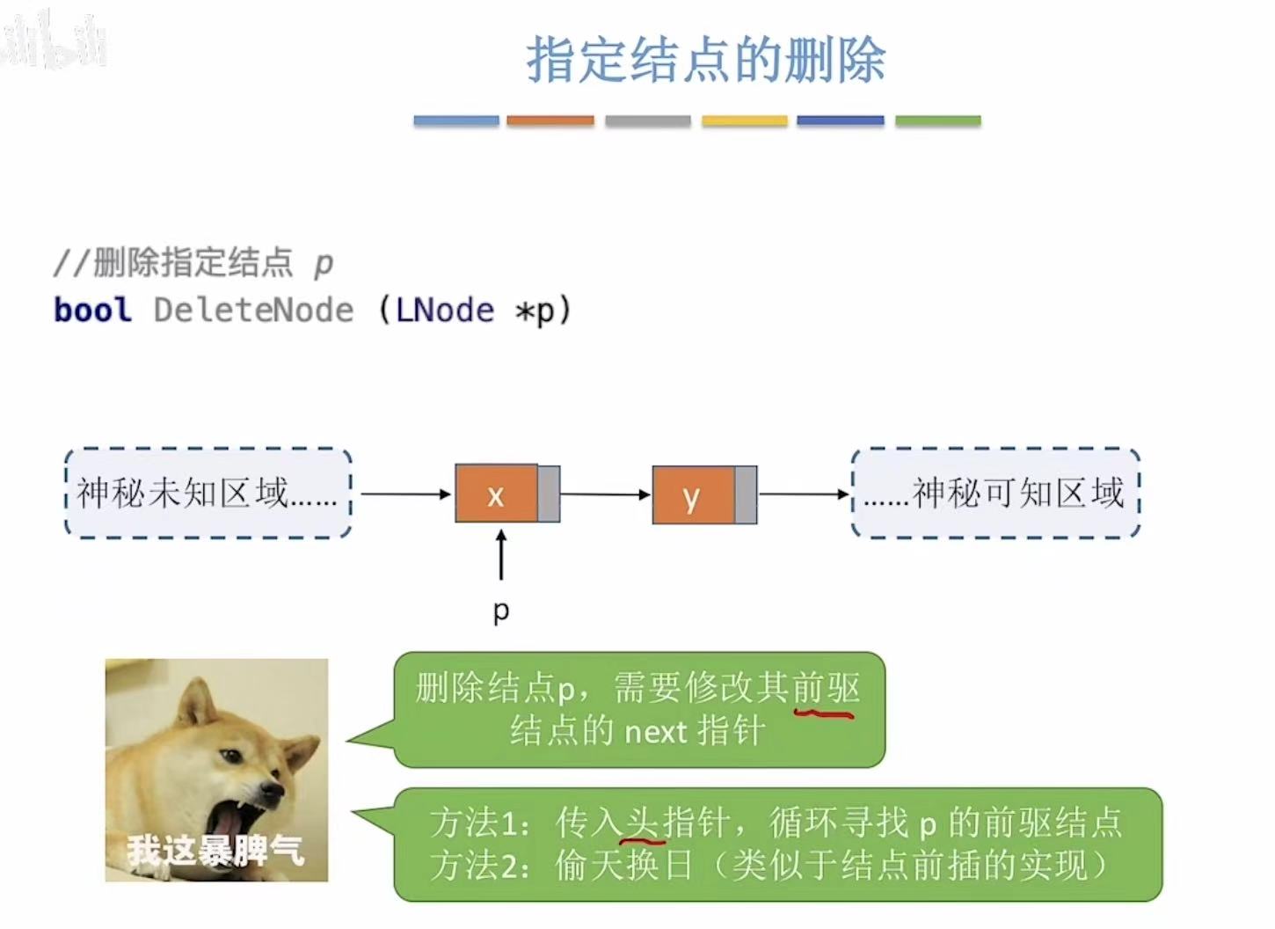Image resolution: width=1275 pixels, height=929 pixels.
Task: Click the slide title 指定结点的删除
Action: point(705,60)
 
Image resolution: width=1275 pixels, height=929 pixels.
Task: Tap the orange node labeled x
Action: point(496,494)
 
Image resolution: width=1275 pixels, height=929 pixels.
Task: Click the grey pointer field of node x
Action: point(549,494)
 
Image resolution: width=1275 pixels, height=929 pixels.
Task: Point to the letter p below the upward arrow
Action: point(501,610)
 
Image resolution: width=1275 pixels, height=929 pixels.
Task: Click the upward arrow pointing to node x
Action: point(501,554)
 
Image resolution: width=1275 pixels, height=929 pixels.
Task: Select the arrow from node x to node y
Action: point(605,494)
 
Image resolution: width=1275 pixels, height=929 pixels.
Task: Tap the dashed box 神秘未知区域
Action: point(208,493)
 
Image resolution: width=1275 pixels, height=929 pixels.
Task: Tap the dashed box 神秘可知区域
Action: point(995,493)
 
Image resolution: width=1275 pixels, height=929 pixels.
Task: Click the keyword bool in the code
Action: point(92,310)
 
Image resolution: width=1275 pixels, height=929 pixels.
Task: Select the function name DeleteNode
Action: point(253,310)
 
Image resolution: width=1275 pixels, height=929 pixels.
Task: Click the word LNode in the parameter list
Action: point(445,310)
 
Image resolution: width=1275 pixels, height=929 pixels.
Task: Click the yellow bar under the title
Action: point(744,121)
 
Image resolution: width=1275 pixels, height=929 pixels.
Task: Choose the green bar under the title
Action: point(937,121)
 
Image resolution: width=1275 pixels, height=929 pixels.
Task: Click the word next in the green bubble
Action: point(654,731)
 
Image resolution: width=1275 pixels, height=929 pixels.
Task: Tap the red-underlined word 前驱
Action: point(826,688)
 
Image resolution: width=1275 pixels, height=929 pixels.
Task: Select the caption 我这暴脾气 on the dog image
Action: point(215,851)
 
